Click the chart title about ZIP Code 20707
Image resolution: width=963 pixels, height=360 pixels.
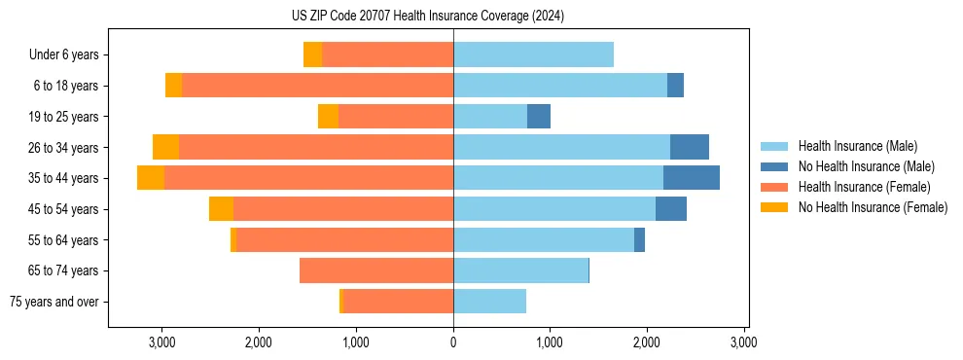tap(427, 17)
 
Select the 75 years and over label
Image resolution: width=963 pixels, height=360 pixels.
tap(54, 302)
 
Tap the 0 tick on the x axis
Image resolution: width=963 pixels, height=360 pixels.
tap(453, 342)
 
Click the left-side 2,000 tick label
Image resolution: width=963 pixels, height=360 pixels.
tap(259, 342)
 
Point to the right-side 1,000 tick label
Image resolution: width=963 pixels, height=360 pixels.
tap(550, 342)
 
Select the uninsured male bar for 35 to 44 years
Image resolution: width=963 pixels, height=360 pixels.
tap(692, 178)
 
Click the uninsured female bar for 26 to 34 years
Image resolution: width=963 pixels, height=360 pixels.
tap(165, 147)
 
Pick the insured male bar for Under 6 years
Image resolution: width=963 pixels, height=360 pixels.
tap(533, 55)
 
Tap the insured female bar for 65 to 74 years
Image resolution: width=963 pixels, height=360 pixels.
tap(376, 270)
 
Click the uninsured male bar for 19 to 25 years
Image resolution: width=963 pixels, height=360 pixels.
tap(539, 117)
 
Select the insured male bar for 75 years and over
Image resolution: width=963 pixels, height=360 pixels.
tap(489, 302)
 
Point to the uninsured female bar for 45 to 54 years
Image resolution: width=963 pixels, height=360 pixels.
tap(221, 209)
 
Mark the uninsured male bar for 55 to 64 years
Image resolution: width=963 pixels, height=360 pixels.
tap(639, 240)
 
